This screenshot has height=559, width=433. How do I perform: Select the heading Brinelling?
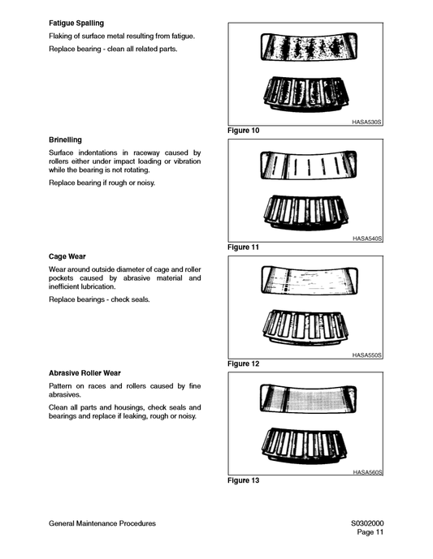point(65,140)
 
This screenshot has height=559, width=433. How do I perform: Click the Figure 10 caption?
point(244,131)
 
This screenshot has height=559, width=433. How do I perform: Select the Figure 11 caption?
point(244,247)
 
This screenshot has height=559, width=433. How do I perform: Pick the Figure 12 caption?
point(244,364)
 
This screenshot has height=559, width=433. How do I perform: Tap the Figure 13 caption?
point(244,481)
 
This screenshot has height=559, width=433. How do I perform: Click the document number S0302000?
point(362,523)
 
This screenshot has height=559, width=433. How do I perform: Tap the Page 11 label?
point(370,533)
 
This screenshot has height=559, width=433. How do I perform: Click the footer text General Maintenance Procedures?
point(102,523)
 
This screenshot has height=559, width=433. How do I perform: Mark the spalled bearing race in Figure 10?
point(305,46)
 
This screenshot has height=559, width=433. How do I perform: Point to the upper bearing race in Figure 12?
point(305,280)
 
